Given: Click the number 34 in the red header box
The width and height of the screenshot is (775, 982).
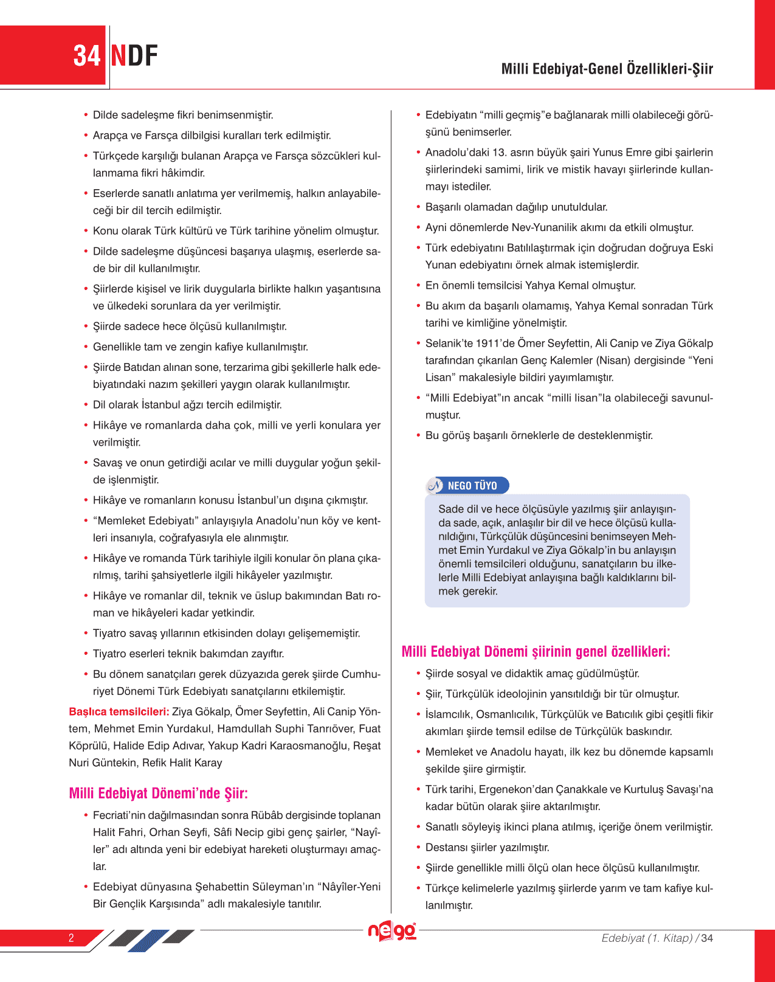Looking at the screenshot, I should point(86,56).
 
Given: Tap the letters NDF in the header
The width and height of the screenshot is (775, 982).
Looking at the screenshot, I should point(134,56).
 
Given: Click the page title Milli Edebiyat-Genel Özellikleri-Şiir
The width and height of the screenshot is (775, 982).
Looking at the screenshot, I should point(607,69).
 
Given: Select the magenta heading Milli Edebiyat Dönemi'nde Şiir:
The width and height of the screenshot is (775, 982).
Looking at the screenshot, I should point(159,794).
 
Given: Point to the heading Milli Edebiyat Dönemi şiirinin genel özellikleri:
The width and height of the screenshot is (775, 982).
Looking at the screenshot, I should point(536,652).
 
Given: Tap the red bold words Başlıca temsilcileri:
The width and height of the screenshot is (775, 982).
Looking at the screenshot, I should point(119,711).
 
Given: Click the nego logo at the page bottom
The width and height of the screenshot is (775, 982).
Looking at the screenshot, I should point(392,931).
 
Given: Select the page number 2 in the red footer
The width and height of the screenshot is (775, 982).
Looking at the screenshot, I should point(71,938).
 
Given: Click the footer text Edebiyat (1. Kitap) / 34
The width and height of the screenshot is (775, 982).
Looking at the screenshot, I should point(657,938).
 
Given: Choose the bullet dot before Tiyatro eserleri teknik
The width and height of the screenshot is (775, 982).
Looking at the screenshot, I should point(86,654).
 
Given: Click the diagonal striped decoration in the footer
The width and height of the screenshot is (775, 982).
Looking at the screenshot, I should point(152,938).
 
